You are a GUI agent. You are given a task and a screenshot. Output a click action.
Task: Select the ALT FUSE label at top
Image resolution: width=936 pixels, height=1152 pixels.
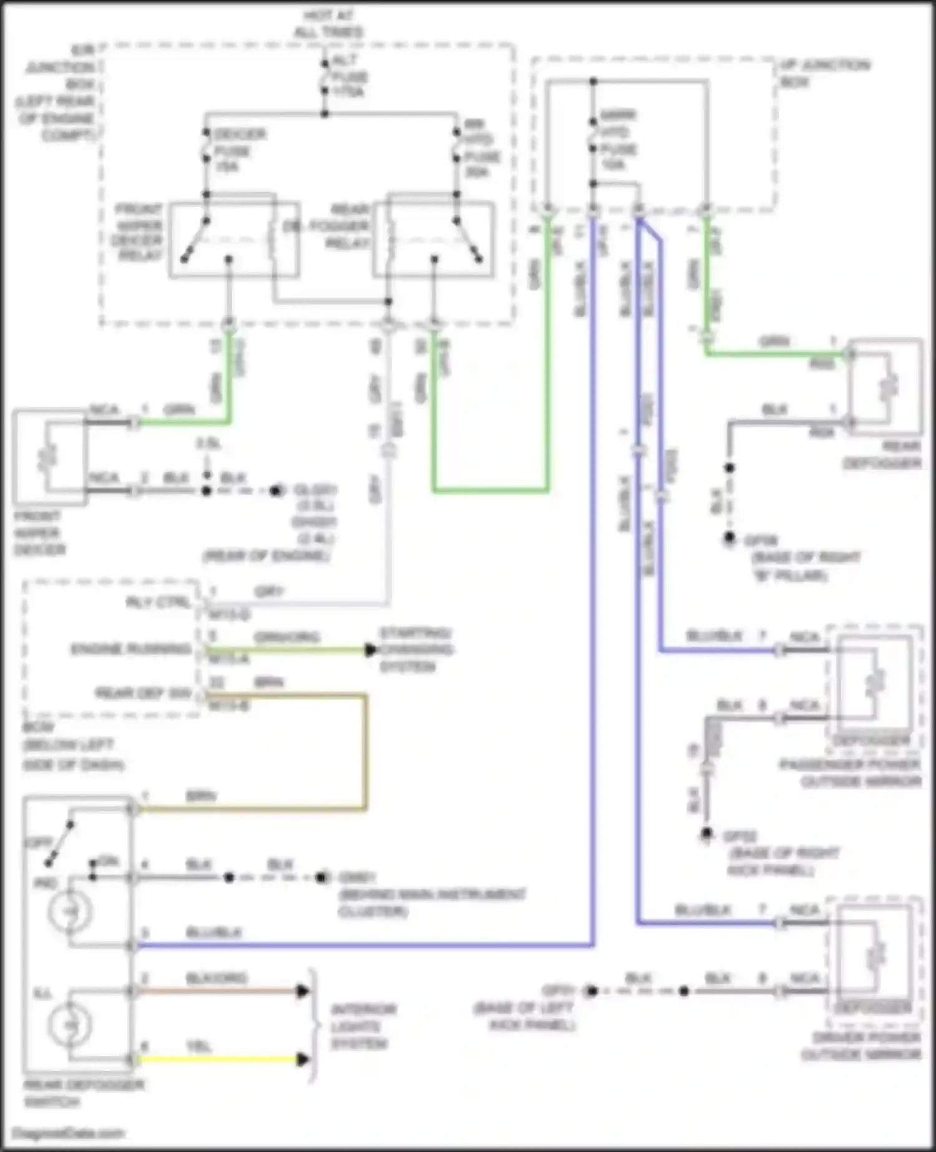(x=349, y=77)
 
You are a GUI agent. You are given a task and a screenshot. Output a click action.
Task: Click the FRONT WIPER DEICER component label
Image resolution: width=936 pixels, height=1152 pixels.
(x=39, y=533)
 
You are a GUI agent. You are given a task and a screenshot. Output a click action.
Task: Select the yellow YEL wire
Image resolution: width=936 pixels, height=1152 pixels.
(x=218, y=1060)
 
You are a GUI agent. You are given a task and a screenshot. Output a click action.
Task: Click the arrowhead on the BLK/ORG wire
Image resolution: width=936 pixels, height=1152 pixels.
(x=303, y=991)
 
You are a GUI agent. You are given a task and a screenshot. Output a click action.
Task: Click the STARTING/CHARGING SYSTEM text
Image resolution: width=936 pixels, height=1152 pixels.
(x=416, y=650)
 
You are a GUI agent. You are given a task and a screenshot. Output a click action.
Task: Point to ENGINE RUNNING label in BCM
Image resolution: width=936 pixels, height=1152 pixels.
(x=130, y=650)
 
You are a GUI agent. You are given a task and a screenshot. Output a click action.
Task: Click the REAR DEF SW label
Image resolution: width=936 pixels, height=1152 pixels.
(x=143, y=693)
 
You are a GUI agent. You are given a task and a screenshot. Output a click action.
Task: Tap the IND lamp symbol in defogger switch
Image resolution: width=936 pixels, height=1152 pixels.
(x=70, y=912)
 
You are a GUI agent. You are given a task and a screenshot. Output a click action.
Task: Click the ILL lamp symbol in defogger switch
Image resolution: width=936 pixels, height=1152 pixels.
(x=70, y=1025)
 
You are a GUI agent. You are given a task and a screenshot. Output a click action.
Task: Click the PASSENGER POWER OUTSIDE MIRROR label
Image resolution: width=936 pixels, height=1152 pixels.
(x=850, y=773)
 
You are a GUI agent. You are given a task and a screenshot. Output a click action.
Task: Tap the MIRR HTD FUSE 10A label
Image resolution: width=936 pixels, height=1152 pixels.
(x=617, y=141)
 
